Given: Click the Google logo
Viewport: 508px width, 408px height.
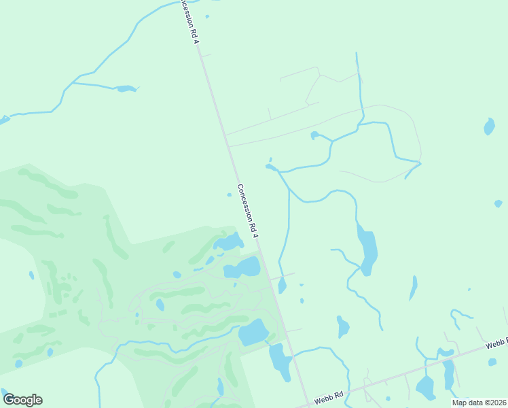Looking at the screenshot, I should click(22, 400).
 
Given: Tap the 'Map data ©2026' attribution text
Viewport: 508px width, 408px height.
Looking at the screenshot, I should click(479, 403).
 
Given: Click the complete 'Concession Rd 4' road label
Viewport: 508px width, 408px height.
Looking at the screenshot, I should click(248, 211).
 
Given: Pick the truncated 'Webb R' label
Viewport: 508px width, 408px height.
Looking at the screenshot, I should click(496, 345).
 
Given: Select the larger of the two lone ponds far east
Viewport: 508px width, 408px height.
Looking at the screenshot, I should click(489, 126).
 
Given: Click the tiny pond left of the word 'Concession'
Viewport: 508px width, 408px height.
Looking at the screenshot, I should click(229, 195).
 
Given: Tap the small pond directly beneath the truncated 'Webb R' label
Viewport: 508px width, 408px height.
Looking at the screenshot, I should click(492, 362).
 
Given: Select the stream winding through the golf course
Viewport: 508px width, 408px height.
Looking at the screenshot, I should click(170, 349).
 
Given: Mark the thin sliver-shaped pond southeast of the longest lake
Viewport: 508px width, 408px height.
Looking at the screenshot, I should click(412, 288).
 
